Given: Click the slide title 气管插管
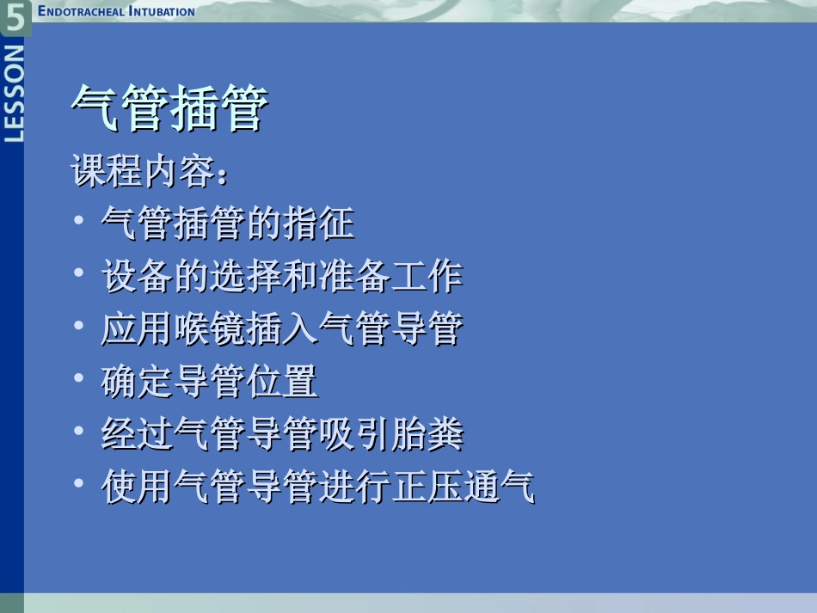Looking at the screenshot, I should pyautogui.click(x=169, y=108).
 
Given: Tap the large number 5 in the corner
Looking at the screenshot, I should pyautogui.click(x=15, y=17).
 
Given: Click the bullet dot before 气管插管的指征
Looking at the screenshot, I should pyautogui.click(x=79, y=223).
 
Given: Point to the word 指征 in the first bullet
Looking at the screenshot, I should pyautogui.click(x=318, y=224).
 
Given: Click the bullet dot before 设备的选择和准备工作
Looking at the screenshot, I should pyautogui.click(x=79, y=275).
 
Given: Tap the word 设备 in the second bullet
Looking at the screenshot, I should pyautogui.click(x=138, y=277).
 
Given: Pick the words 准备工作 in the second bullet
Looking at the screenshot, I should pyautogui.click(x=390, y=277).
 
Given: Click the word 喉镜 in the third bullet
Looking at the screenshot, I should pyautogui.click(x=210, y=329).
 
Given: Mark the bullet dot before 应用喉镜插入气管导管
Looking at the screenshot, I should pyautogui.click(x=79, y=328).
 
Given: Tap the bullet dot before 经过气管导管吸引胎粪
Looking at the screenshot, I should pyautogui.click(x=79, y=433).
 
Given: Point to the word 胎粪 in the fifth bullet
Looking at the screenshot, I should pyautogui.click(x=427, y=435).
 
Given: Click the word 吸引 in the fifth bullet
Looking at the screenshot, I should pyautogui.click(x=354, y=435).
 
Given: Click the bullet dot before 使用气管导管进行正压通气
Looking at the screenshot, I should pyautogui.click(x=79, y=486).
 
